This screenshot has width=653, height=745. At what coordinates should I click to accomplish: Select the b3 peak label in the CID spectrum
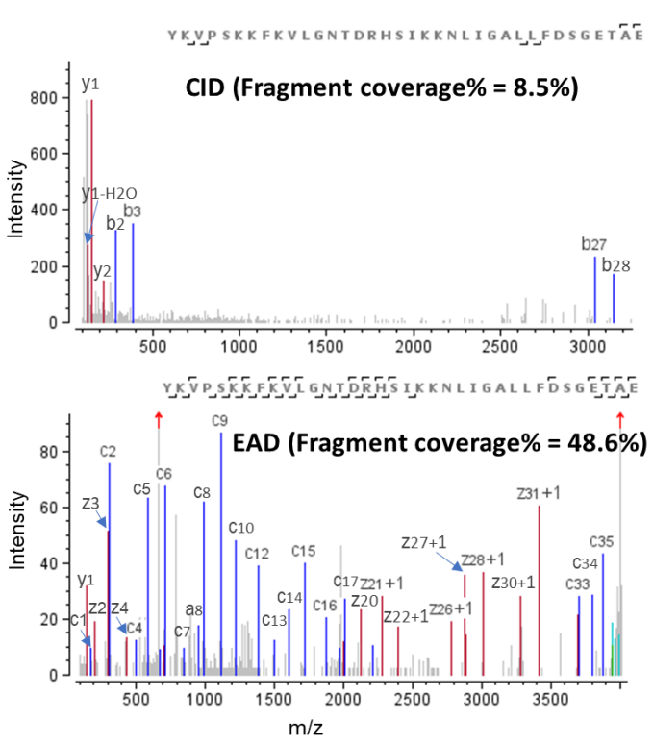(133, 211)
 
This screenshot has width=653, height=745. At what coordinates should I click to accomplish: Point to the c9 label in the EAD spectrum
(220, 420)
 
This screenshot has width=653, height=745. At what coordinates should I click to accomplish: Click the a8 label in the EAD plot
(196, 609)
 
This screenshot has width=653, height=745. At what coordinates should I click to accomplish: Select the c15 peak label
(304, 551)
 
